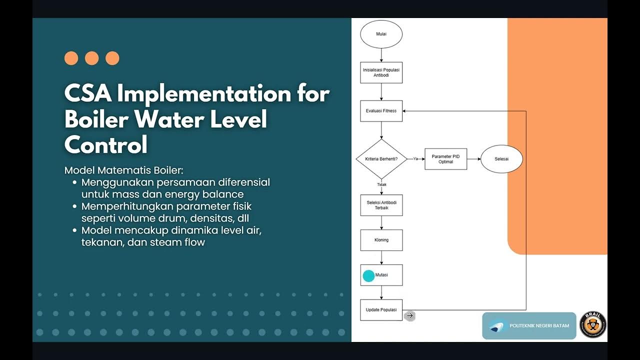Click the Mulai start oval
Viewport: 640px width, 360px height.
coord(381,34)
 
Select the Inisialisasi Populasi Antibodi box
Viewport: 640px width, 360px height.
coord(381,72)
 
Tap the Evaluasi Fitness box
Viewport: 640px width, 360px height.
coord(381,111)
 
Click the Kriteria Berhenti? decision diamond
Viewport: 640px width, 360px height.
coord(381,159)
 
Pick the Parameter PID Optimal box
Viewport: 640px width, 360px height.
coord(445,159)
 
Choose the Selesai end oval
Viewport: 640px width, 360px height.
coord(501,159)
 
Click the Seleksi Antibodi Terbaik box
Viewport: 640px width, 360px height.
coord(381,205)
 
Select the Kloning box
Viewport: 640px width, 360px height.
coord(381,240)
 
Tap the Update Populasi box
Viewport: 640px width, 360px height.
coord(381,310)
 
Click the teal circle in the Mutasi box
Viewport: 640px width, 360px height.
coord(368,276)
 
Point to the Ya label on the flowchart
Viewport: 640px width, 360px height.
coord(415,158)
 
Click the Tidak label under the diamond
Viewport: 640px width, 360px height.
coord(381,184)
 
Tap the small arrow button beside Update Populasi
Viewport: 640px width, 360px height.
coord(410,315)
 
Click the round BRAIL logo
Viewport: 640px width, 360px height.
coord(593,324)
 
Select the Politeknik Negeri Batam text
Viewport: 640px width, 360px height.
coord(539,326)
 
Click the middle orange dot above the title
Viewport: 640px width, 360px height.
coord(92,58)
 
